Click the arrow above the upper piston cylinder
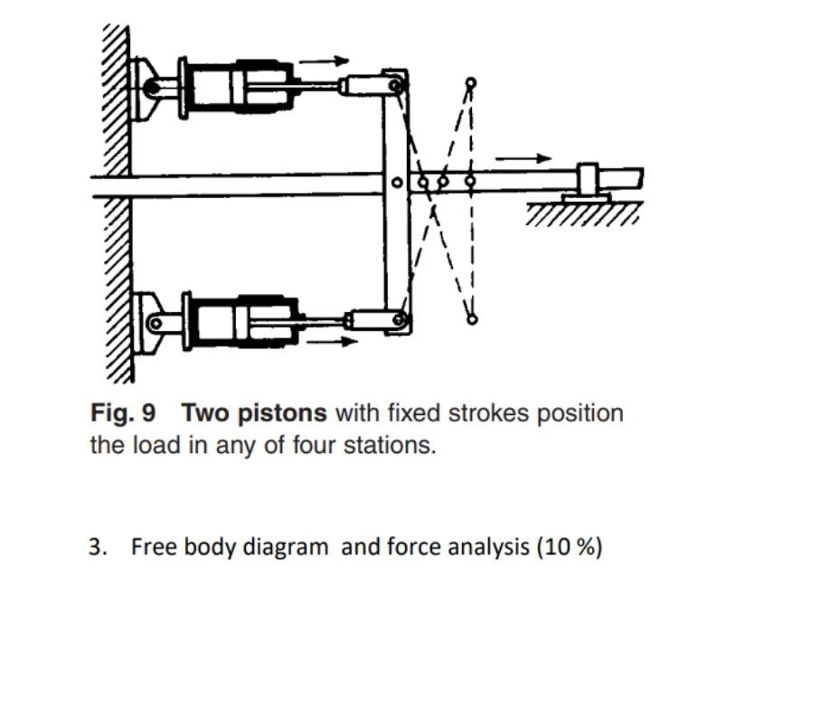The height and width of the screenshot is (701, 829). [x=324, y=62]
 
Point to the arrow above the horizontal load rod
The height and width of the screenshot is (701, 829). [x=523, y=158]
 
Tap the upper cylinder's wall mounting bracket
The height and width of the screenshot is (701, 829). [x=144, y=89]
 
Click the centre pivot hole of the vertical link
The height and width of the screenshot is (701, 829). [x=396, y=183]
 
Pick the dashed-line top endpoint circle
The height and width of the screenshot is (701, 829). [x=470, y=83]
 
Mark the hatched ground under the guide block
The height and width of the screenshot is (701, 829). [x=582, y=214]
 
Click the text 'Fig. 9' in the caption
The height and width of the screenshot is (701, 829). [x=122, y=413]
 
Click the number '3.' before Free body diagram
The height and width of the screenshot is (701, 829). [x=98, y=547]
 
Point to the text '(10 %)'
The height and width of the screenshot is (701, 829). [x=569, y=547]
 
